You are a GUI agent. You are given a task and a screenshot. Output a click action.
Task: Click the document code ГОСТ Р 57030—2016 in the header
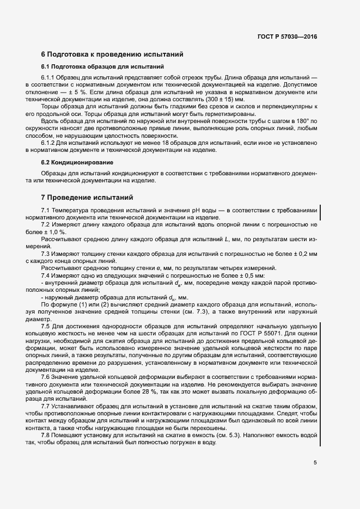pyautogui.click(x=287, y=37)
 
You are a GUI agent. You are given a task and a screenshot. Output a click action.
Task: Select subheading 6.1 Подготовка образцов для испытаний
pyautogui.click(x=103, y=66)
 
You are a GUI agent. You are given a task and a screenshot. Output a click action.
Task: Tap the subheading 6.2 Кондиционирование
pyautogui.click(x=77, y=162)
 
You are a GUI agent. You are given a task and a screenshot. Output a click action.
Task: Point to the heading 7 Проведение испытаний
pyautogui.click(x=87, y=197)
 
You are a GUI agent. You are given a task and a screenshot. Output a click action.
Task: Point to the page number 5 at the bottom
pyautogui.click(x=315, y=463)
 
